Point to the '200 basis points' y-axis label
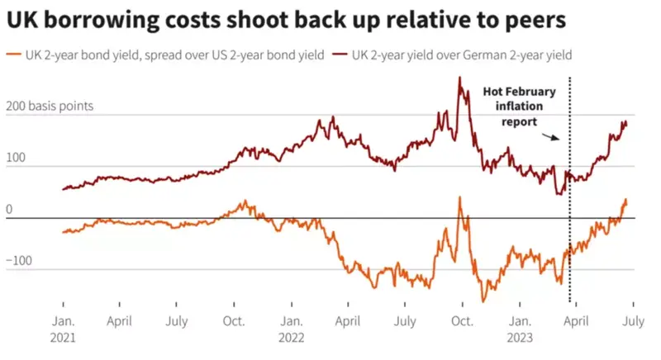point(50,107)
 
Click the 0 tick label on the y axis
point(9,210)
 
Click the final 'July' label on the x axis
point(633,320)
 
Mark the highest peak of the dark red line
point(459,78)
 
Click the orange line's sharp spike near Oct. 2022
point(459,199)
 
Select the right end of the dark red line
point(626,124)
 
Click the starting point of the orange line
point(64,232)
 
